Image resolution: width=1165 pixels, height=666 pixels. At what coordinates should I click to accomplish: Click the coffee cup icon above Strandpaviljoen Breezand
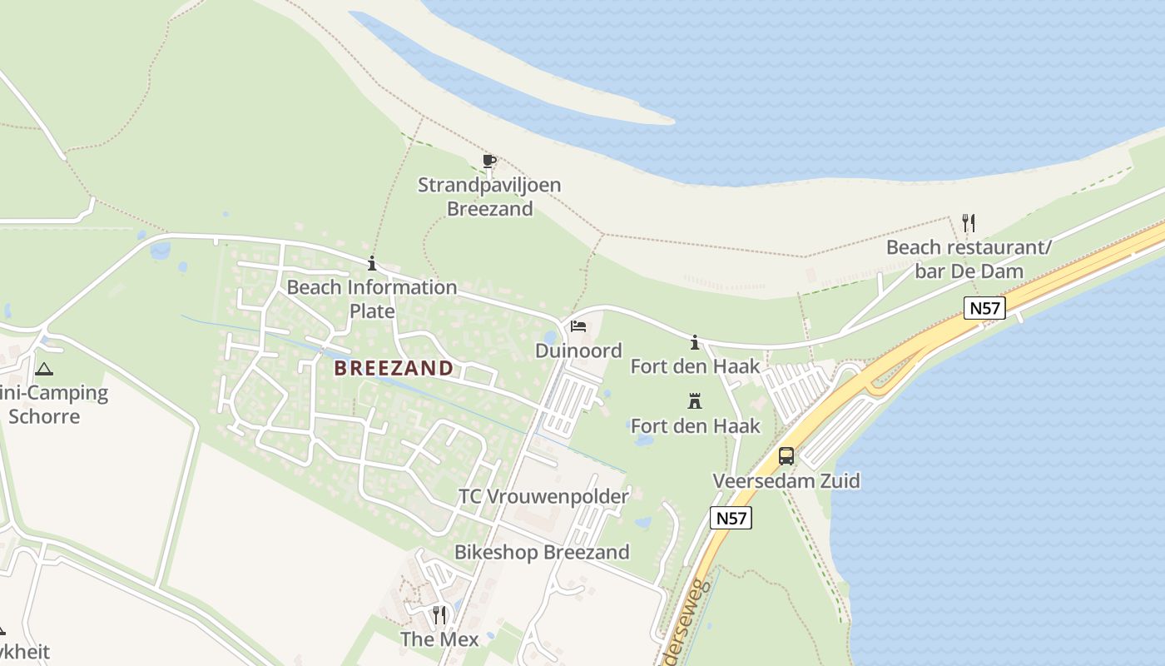[489, 160]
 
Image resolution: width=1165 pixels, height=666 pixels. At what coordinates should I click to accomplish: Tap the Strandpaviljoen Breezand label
[489, 196]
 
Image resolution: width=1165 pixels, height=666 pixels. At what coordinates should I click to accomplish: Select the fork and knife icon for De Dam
[968, 222]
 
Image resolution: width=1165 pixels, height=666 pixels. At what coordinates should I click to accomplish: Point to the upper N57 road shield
[985, 308]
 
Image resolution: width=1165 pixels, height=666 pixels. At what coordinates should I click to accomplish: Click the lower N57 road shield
[731, 518]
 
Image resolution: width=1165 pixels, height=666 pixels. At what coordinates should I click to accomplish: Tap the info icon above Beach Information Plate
[372, 264]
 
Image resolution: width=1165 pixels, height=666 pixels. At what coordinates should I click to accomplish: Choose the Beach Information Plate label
[372, 299]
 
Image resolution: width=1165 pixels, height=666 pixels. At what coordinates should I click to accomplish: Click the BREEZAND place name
[394, 368]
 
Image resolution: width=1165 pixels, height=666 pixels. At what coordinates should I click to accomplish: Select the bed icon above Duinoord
[578, 326]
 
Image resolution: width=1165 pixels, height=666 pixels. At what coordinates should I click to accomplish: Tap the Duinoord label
[578, 350]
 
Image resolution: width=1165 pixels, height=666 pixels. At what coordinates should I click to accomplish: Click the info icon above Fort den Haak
[695, 342]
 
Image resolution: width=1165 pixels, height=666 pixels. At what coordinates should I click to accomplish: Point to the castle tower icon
[695, 401]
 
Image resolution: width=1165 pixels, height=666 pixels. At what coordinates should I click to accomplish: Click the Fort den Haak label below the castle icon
[696, 426]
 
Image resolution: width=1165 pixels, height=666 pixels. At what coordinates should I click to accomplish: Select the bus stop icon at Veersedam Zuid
[786, 455]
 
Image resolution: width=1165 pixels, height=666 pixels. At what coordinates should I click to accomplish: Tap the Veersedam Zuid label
[786, 481]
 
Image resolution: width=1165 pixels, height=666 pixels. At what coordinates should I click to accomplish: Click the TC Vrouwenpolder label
[543, 496]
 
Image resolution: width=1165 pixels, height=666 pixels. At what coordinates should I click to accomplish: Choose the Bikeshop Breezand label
[542, 552]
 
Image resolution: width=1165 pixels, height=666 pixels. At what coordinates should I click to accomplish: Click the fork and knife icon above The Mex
[439, 614]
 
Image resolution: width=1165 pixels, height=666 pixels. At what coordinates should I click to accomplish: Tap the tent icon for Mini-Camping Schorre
[43, 368]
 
